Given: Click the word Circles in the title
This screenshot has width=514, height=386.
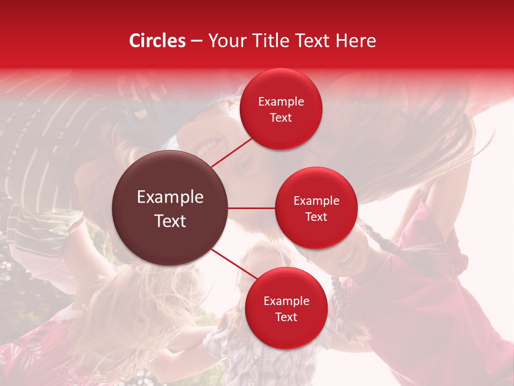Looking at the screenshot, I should click(157, 41).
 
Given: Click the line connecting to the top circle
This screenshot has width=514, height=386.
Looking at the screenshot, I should click(232, 152).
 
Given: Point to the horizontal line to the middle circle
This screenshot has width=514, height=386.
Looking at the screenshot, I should click(252, 208).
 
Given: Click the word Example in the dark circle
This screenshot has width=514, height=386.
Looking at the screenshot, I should click(170, 197).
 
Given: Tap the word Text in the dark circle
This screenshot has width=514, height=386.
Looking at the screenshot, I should click(170, 221).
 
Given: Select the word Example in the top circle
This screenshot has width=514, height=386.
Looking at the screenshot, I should click(281, 102).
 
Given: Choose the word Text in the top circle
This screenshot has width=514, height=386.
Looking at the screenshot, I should click(281, 118).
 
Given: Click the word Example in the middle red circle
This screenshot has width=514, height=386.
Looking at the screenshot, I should click(316, 201).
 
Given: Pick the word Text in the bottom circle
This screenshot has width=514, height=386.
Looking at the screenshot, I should click(286, 317).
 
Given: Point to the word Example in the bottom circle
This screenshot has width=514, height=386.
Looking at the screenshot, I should click(286, 301).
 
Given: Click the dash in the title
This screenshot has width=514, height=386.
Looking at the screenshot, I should click(196, 41).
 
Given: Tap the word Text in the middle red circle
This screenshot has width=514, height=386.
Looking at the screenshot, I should click(316, 217).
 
